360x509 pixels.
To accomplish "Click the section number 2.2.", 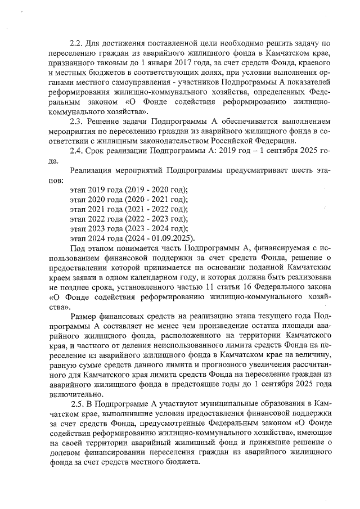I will pos(75,43).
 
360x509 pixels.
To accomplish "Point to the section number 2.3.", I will pos(75,120).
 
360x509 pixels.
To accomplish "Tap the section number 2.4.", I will pos(75,151).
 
